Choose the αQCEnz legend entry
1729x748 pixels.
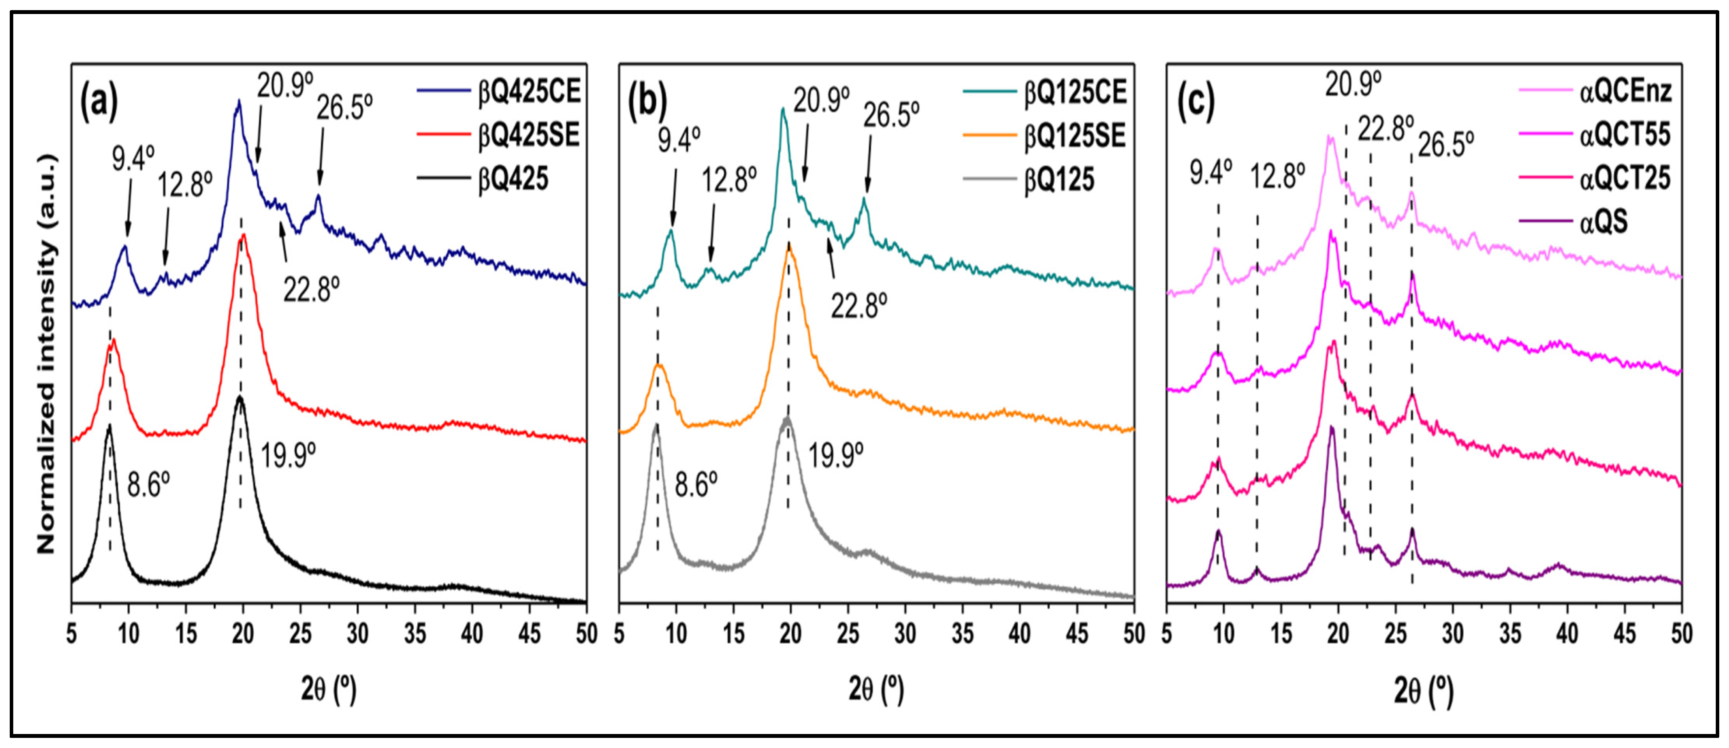tap(1624, 91)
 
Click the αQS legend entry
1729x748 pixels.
tap(1604, 222)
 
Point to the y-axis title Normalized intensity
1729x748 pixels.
tap(46, 356)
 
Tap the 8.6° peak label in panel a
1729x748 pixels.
tap(149, 484)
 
